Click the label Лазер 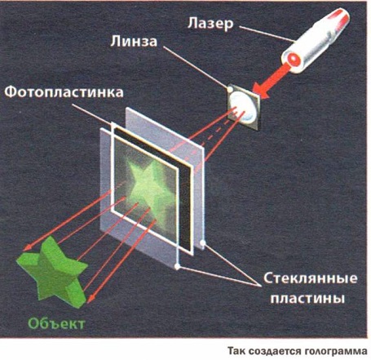pyautogui.click(x=210, y=24)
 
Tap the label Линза pyautogui.click(x=134, y=42)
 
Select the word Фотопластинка pyautogui.click(x=64, y=92)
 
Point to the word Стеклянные pyautogui.click(x=311, y=278)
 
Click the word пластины pyautogui.click(x=307, y=299)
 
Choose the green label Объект pyautogui.click(x=56, y=323)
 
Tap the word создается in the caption pyautogui.click(x=276, y=351)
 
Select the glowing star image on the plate pyautogui.click(x=151, y=187)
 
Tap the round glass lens pyautogui.click(x=242, y=106)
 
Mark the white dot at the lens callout pyautogui.click(x=230, y=89)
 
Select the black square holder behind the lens pyautogui.click(x=244, y=106)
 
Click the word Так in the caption pyautogui.click(x=237, y=351)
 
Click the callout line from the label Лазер pyautogui.click(x=267, y=34)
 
